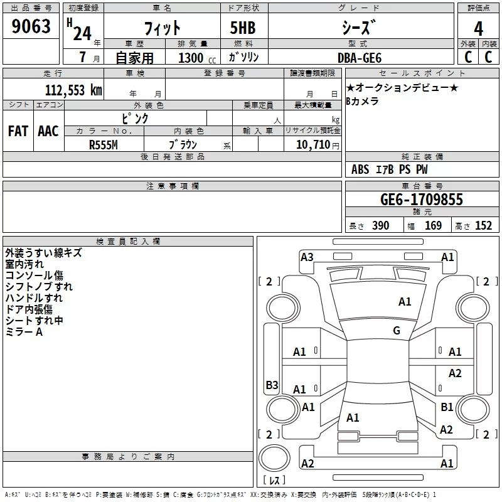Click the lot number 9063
31,27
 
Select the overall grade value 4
479,28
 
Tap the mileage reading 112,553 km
73,90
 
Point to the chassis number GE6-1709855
422,200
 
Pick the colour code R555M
104,144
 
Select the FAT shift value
18,131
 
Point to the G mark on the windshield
397,331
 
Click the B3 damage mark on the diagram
272,385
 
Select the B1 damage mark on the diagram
447,407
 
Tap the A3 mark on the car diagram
307,257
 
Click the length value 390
380,226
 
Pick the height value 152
483,226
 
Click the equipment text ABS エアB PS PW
390,169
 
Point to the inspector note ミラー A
24,332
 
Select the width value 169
433,226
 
